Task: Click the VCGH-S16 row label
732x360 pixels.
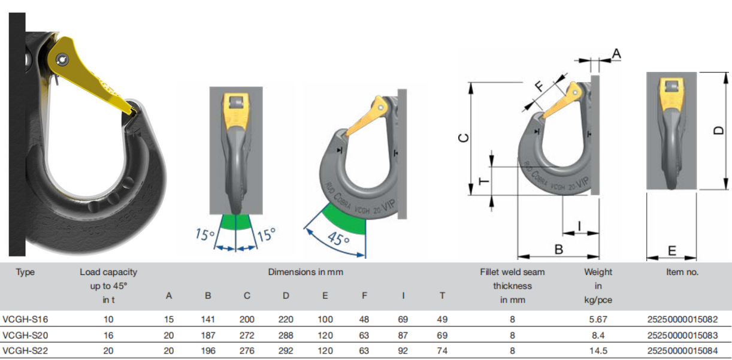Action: point(25,319)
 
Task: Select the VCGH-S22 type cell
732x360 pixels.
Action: point(25,350)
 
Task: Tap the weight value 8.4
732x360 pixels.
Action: point(598,335)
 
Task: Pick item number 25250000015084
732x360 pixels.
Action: point(682,350)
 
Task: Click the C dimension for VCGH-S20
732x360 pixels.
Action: point(247,335)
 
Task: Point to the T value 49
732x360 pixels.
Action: point(442,319)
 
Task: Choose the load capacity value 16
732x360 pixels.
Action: point(108,335)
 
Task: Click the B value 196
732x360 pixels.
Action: point(208,350)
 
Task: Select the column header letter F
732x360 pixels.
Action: point(364,296)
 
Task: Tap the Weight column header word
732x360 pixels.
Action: point(598,272)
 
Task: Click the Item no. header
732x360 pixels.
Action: point(682,272)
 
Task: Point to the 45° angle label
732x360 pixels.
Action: point(339,239)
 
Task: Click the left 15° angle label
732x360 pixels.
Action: point(205,235)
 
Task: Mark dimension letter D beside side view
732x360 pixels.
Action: point(719,131)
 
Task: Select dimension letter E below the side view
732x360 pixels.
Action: point(672,250)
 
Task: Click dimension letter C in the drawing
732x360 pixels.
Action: point(464,138)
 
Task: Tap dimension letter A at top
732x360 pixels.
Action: point(616,53)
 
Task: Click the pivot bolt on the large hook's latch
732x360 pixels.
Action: point(62,59)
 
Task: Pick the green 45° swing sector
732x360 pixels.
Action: point(344,219)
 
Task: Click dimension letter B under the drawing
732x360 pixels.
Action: point(559,250)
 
